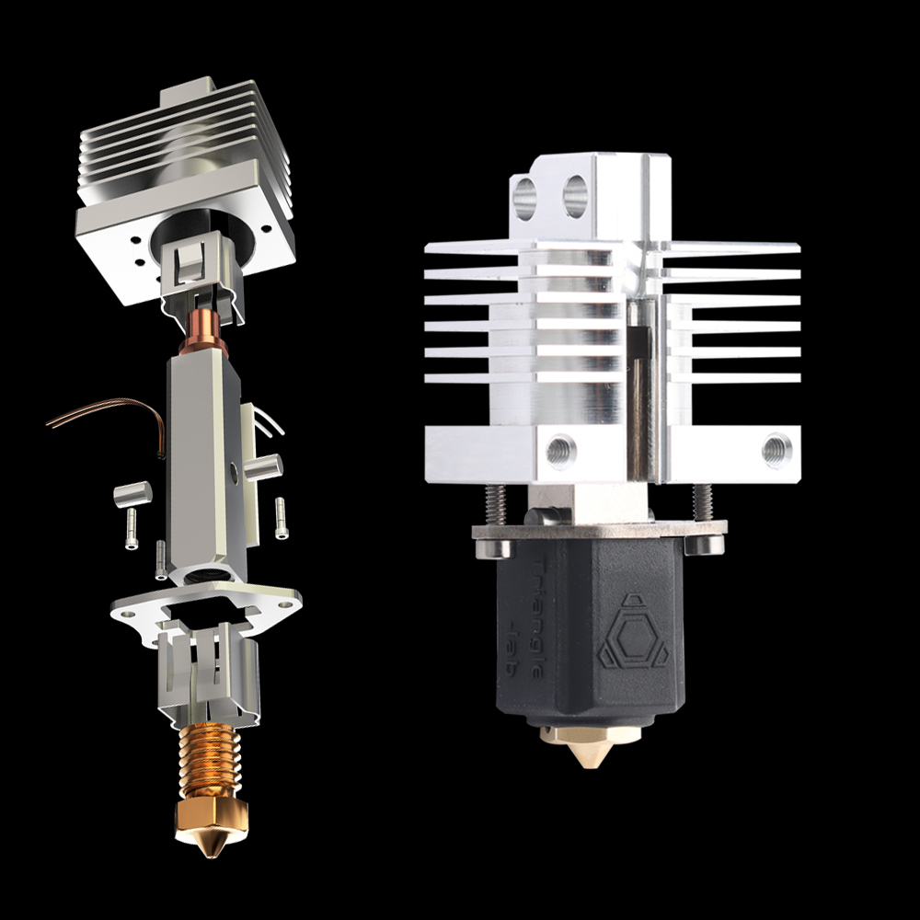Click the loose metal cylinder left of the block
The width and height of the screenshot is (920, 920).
[124, 497]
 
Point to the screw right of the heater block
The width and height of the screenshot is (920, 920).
[281, 518]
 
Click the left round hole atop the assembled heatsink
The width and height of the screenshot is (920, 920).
[525, 195]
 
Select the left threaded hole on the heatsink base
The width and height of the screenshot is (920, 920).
[558, 450]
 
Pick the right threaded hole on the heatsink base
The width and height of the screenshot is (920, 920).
[776, 450]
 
